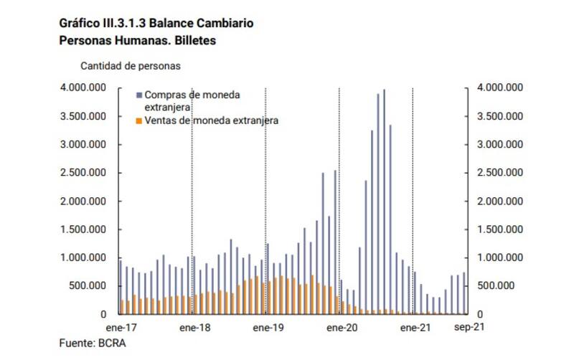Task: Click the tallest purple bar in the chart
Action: pos(384,201)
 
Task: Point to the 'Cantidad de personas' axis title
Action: pos(130,65)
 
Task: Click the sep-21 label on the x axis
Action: pos(471,327)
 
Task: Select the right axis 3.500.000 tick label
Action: pos(499,116)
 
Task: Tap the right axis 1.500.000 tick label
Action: pos(499,229)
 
